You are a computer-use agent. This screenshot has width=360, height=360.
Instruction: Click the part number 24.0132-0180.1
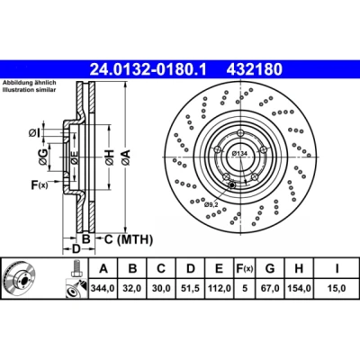148,69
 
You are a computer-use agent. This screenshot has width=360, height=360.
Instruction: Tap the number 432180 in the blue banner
255,69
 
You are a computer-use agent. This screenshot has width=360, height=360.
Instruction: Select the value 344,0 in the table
103,288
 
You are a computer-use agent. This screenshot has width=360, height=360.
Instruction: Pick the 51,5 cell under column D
191,288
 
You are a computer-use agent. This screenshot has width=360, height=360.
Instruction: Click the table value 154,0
299,288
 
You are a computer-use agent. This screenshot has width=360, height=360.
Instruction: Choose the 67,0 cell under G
270,288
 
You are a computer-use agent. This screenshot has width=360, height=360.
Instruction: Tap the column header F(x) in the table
245,268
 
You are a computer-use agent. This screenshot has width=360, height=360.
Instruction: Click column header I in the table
337,268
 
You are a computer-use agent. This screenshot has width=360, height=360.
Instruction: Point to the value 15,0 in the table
337,288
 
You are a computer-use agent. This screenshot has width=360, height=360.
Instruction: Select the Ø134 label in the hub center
239,154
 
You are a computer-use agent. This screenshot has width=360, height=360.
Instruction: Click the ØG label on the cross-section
43,157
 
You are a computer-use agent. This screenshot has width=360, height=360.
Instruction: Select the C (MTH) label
129,239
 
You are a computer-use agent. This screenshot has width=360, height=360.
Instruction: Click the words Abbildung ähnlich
30,83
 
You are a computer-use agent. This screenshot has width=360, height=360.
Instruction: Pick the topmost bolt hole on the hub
240,133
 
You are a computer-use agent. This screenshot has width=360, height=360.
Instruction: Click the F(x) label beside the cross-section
40,185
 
